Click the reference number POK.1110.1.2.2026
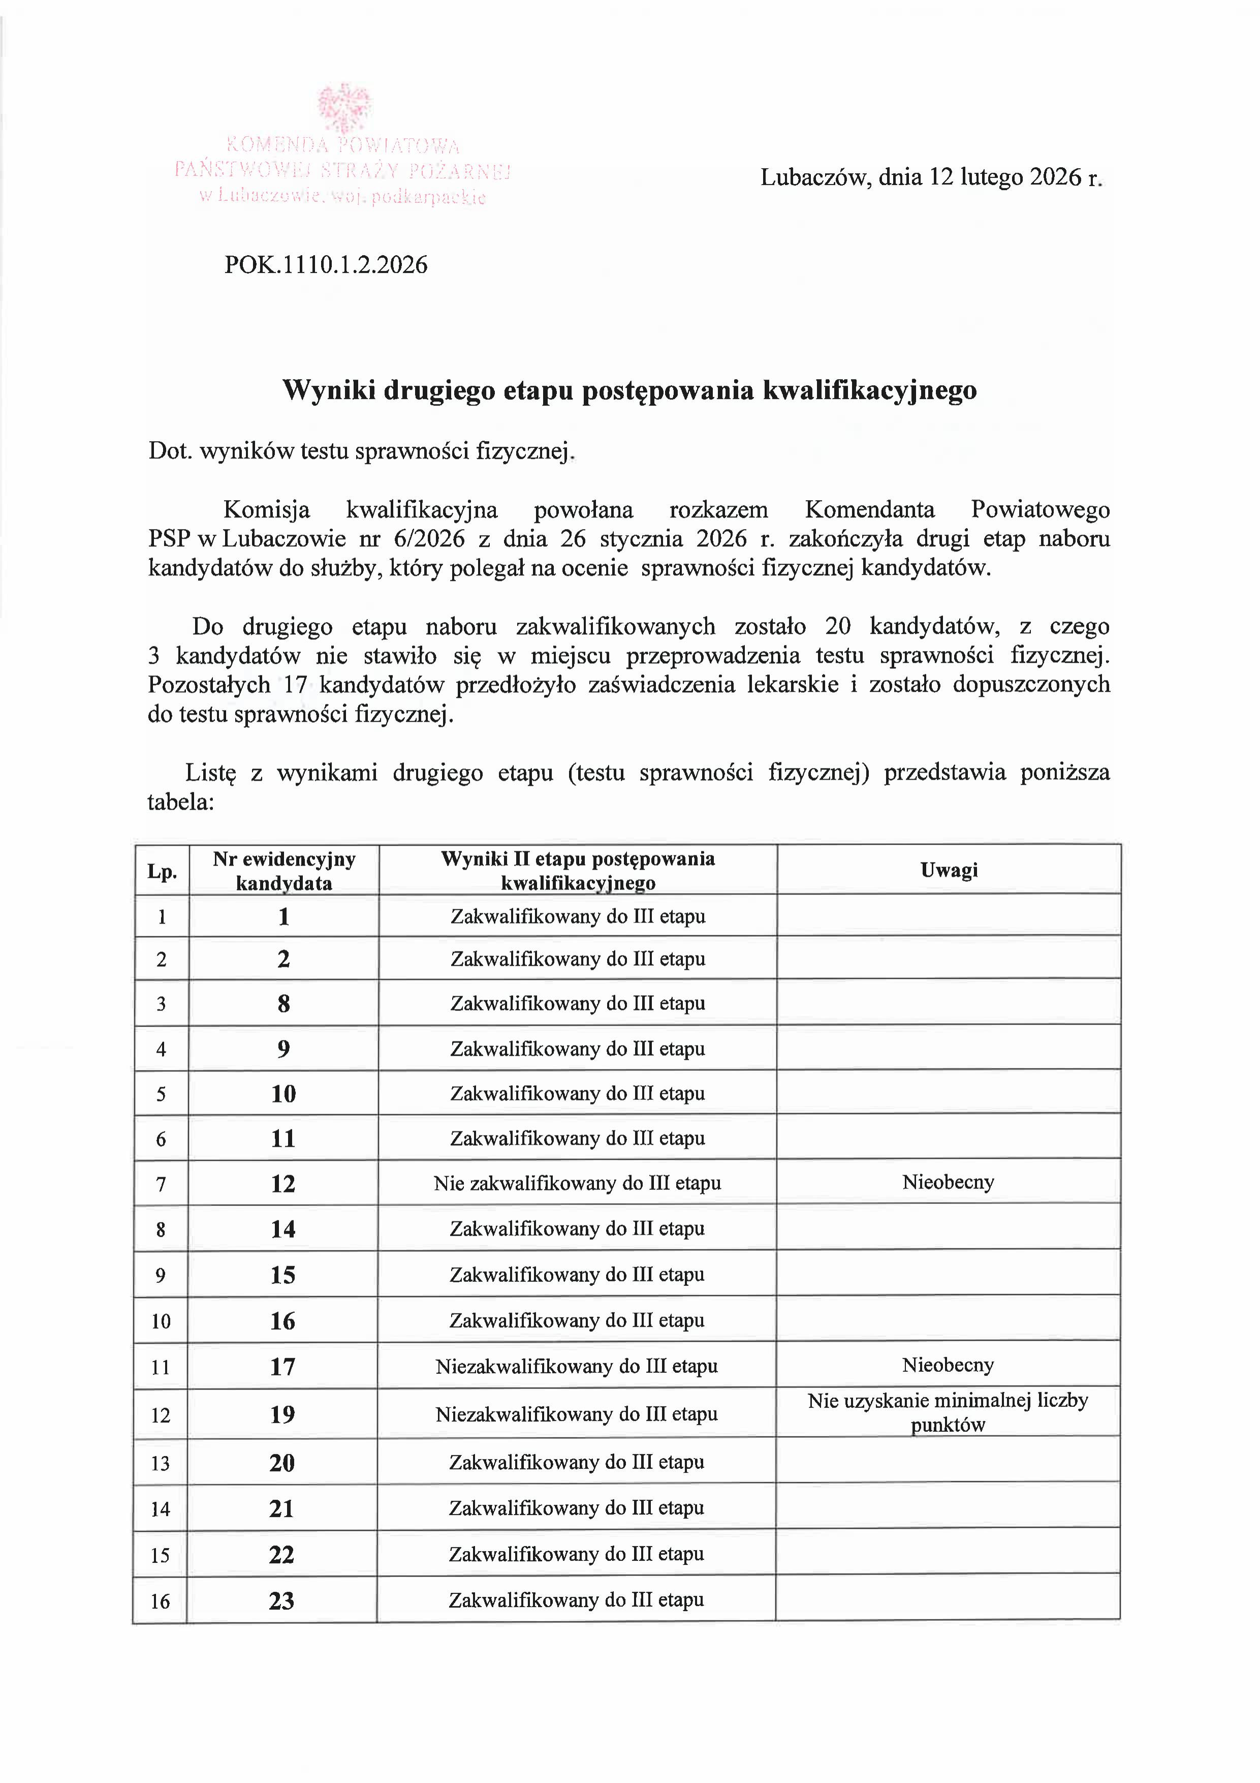coord(326,265)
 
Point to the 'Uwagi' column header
coord(949,870)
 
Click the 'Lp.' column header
coord(162,871)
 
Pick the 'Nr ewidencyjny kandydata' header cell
coord(284,871)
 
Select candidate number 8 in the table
coord(283,1003)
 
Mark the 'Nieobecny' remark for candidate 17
coord(948,1364)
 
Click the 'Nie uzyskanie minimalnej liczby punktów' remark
coord(948,1412)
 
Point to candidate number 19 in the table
coord(282,1414)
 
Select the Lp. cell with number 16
coord(160,1601)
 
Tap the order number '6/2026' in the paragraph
coord(433,539)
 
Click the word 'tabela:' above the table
coord(180,802)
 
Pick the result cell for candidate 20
coord(576,1462)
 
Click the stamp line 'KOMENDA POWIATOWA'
coord(343,145)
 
